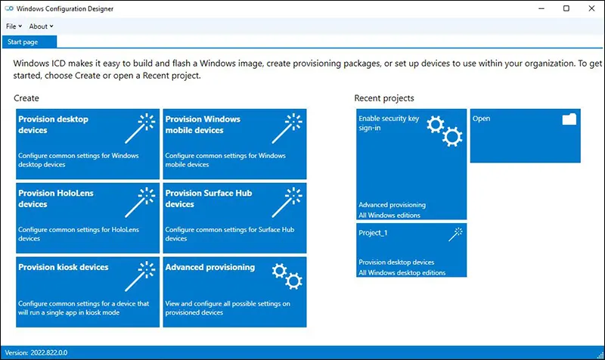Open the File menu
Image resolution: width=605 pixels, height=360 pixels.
coord(14,26)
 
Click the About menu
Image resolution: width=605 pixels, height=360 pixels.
coord(41,26)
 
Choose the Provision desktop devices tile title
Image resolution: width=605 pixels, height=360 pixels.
coord(53,124)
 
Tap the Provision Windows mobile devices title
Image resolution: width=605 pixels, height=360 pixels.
coord(203,124)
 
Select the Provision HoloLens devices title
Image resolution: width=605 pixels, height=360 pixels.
coord(55,198)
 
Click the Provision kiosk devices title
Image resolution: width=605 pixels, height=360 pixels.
coord(64,267)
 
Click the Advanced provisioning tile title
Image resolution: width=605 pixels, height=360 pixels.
coord(209,267)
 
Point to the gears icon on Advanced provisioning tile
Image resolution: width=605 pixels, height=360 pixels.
coord(288,275)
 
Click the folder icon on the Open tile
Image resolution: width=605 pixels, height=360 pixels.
coord(569,119)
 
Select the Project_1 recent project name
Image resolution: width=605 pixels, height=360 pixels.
coord(373,233)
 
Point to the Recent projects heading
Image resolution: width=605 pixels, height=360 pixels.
coord(383,98)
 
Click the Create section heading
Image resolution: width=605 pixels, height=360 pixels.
coord(26,98)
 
